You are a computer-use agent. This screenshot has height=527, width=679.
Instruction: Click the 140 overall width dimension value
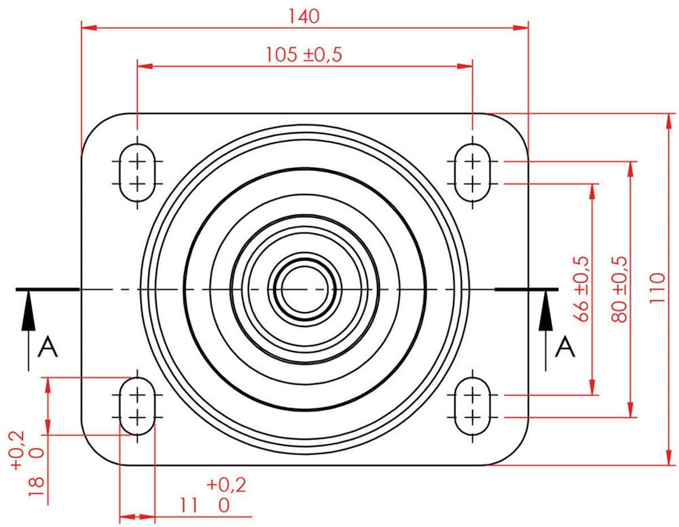304,16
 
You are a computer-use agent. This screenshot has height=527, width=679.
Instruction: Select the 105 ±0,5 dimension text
304,54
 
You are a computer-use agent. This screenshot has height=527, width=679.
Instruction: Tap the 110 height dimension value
657,288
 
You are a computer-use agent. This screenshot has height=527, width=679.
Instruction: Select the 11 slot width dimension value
189,505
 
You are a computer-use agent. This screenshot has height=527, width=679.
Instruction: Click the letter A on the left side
48,346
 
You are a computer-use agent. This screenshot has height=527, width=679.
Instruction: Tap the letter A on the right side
565,346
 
